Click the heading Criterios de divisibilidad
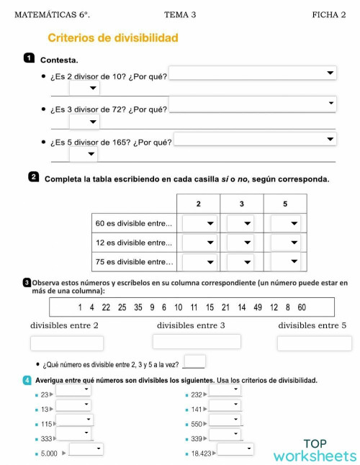(112, 37)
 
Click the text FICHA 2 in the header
(329, 14)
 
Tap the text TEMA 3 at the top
(180, 14)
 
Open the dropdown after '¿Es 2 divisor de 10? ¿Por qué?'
(253, 73)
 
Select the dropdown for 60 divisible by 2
(199, 224)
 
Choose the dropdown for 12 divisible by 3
(240, 243)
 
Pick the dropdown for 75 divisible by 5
(284, 262)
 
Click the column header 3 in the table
(242, 204)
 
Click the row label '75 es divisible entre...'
(134, 262)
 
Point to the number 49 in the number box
(258, 307)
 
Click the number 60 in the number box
(302, 307)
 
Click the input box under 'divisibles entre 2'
(66, 344)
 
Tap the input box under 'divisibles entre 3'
(196, 342)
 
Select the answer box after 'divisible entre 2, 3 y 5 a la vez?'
(194, 361)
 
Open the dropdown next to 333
(73, 434)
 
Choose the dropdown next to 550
(225, 421)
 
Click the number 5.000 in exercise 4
(49, 453)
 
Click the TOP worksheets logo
(315, 450)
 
